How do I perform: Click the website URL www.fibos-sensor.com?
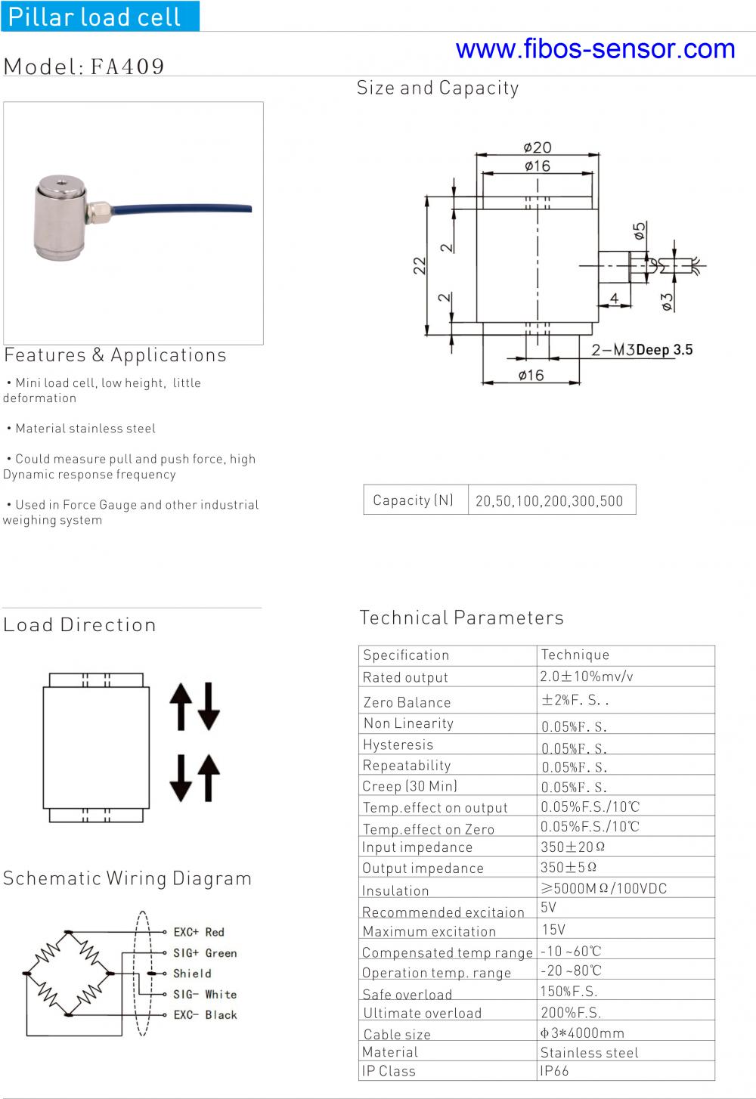(x=595, y=49)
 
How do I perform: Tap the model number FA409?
(x=128, y=67)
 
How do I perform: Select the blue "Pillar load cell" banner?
(x=99, y=16)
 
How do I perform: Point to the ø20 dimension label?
(x=538, y=147)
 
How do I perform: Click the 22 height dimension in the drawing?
(x=420, y=265)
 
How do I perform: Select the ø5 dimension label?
(x=640, y=230)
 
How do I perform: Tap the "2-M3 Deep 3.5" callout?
(x=642, y=349)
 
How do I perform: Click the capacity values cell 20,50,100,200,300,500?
(x=550, y=500)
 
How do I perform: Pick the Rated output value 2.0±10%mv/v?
(x=587, y=676)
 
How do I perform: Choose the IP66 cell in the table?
(x=554, y=1070)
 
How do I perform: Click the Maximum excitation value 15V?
(x=553, y=930)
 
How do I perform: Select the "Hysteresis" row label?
(x=398, y=745)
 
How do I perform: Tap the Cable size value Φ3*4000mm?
(x=582, y=1032)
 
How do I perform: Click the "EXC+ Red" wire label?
(x=199, y=932)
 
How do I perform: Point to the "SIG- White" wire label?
(x=205, y=994)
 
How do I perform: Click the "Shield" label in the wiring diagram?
(x=192, y=974)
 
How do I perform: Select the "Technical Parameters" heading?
(x=461, y=618)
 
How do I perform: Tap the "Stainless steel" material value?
(x=589, y=1052)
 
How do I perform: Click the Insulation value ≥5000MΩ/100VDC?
(x=603, y=888)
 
